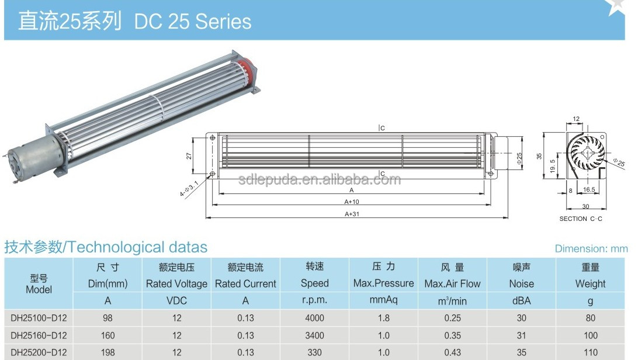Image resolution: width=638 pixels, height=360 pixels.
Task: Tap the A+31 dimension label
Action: tap(352, 214)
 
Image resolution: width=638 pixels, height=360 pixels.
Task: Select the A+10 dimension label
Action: tap(352, 202)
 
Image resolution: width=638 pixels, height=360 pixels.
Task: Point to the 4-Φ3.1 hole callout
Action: tap(189, 189)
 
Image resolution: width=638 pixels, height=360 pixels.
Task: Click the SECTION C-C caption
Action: tap(581, 219)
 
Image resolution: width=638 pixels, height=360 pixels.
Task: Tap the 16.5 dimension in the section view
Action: tap(589, 189)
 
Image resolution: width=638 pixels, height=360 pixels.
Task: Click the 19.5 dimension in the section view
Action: tap(552, 166)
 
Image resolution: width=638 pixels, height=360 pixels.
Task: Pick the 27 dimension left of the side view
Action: tap(189, 156)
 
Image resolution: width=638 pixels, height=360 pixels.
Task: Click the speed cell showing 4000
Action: tap(314, 318)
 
